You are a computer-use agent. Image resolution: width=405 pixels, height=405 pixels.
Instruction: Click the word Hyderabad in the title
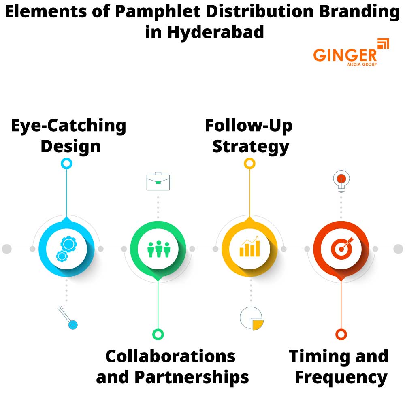pyautogui.click(x=215, y=32)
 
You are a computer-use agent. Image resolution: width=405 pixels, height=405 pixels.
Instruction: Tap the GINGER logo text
pyautogui.click(x=345, y=55)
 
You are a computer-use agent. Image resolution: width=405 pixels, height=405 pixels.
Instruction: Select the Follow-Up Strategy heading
pyautogui.click(x=249, y=135)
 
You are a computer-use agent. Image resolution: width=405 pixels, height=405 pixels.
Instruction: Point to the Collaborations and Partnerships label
pyautogui.click(x=172, y=367)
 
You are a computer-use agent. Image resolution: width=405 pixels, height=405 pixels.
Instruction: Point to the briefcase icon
pyautogui.click(x=158, y=181)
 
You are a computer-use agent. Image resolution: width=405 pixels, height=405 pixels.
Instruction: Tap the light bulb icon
pyautogui.click(x=341, y=180)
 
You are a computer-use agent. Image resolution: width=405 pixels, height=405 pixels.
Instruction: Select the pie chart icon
pyautogui.click(x=252, y=318)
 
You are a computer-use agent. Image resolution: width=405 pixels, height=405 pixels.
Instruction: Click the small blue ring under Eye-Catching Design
pyautogui.click(x=66, y=164)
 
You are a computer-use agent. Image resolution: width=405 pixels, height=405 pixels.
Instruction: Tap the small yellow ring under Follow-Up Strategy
pyautogui.click(x=249, y=164)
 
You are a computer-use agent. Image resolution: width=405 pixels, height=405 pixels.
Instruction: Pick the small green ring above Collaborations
pyautogui.click(x=158, y=334)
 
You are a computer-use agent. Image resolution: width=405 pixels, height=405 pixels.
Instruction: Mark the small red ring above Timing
pyautogui.click(x=341, y=334)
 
